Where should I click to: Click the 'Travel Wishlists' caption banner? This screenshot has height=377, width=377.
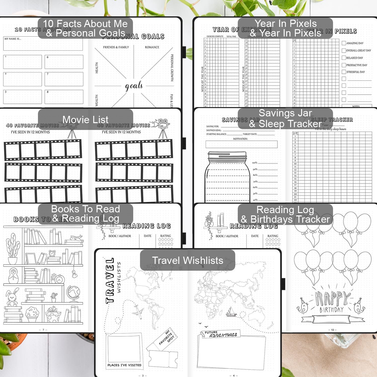(x=187, y=260)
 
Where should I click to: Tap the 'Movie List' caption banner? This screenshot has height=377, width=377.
(x=85, y=119)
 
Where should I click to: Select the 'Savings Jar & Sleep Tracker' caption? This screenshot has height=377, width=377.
(x=285, y=118)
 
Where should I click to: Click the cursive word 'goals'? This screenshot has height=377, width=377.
(x=134, y=86)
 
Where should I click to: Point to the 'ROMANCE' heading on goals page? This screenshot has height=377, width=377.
(x=152, y=47)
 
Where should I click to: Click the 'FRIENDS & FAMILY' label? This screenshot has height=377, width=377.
(x=116, y=47)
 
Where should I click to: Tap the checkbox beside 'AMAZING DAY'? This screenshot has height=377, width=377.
(x=344, y=43)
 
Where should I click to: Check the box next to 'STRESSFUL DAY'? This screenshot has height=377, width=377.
(x=344, y=72)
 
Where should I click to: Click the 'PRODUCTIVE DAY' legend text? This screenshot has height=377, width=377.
(x=357, y=65)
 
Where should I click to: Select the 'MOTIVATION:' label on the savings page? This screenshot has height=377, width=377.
(x=240, y=139)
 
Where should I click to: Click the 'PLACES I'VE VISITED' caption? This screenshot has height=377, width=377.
(x=124, y=365)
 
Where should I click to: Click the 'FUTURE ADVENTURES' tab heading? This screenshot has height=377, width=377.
(x=221, y=334)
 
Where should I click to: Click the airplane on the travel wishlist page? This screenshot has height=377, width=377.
(x=137, y=312)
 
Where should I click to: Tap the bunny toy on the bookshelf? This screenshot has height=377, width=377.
(x=13, y=297)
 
